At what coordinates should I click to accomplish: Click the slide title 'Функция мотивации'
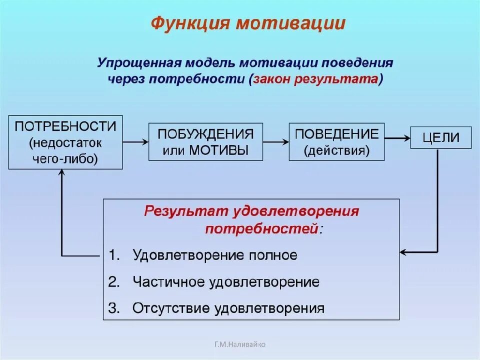click(248, 23)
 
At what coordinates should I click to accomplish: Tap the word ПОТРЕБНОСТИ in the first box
click(65, 126)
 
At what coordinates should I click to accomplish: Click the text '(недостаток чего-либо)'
click(65, 151)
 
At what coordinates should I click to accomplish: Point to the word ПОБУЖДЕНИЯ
click(205, 134)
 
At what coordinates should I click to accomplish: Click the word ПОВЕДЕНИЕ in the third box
click(336, 133)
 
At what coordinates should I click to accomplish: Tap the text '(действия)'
click(336, 150)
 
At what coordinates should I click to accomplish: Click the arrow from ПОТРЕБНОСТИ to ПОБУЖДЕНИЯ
click(135, 142)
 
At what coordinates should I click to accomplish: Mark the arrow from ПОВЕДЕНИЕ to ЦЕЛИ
click(397, 136)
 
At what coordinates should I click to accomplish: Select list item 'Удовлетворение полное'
click(215, 255)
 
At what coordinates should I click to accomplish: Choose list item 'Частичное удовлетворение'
click(226, 282)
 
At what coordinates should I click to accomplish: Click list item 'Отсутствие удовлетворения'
click(228, 308)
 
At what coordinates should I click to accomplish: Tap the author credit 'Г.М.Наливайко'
click(240, 344)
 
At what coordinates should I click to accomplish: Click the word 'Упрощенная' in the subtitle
click(138, 63)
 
